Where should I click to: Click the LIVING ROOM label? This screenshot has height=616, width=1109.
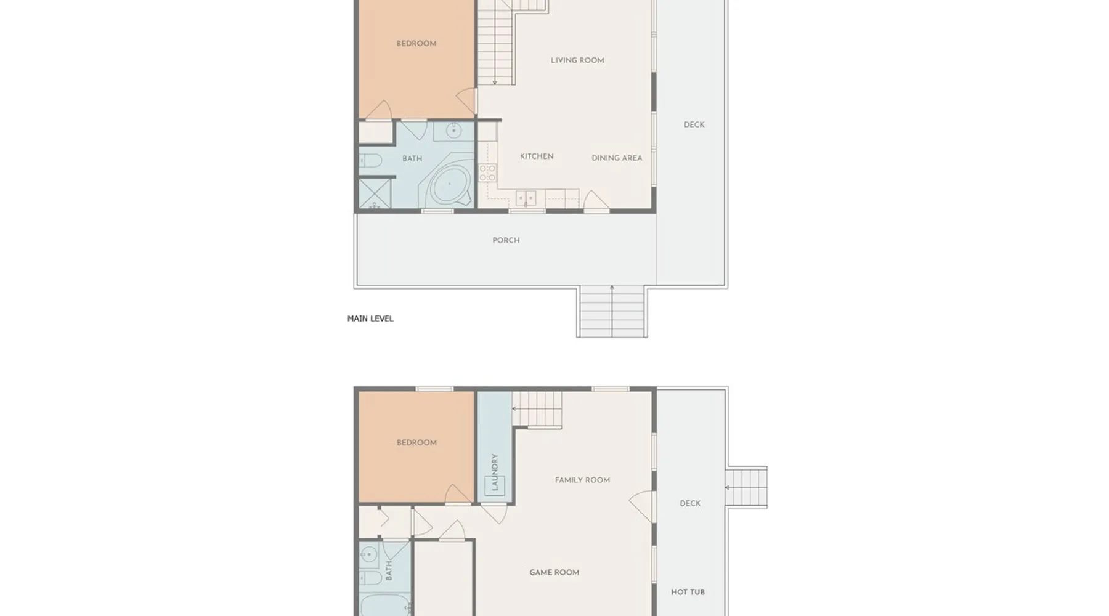click(x=577, y=60)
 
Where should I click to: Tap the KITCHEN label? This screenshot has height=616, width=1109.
click(x=537, y=156)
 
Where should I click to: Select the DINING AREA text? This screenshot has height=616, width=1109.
click(x=617, y=158)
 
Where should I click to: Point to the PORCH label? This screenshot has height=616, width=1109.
click(x=506, y=240)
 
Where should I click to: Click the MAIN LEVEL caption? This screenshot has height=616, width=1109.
click(x=370, y=318)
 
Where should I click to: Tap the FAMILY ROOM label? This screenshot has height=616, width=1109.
click(x=582, y=480)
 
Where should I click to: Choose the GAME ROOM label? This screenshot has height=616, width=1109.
click(x=554, y=572)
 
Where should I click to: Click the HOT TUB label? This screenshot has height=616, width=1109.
click(x=688, y=592)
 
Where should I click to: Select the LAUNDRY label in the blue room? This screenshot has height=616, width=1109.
click(x=494, y=472)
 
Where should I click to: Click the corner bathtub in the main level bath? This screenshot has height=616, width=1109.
click(x=449, y=184)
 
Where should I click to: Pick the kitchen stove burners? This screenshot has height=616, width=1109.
click(x=487, y=173)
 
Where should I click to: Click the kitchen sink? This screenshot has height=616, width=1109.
click(x=526, y=198)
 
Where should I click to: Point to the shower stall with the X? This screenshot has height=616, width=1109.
click(x=375, y=193)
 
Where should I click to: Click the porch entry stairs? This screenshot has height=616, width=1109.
click(x=612, y=312)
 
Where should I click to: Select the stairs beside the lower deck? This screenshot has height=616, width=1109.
click(x=747, y=487)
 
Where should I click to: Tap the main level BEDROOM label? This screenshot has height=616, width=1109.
click(x=416, y=44)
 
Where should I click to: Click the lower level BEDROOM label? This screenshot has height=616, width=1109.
click(x=416, y=443)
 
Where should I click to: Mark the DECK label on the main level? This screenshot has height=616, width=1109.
click(x=694, y=125)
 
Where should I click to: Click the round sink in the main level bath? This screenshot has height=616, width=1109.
click(x=454, y=131)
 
